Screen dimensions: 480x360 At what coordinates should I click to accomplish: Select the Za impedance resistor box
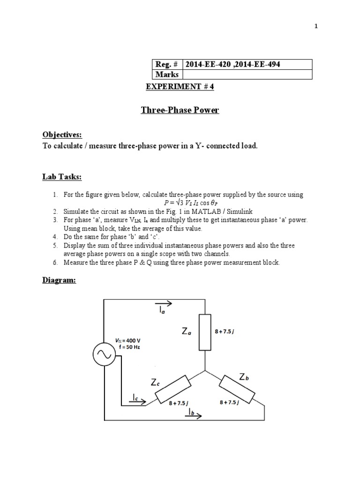coord(205,332)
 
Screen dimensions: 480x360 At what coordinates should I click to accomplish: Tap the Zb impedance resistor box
coord(238,389)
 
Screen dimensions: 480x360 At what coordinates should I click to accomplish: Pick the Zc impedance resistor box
coord(172,389)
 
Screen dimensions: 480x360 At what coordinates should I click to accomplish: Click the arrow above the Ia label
coord(164,303)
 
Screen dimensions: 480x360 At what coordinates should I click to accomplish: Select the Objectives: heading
coord(62,135)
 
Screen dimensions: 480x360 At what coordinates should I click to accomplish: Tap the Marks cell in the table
coord(167,75)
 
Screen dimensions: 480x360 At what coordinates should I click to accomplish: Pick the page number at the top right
coord(316,27)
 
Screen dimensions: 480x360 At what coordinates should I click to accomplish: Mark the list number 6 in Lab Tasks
coord(54,262)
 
